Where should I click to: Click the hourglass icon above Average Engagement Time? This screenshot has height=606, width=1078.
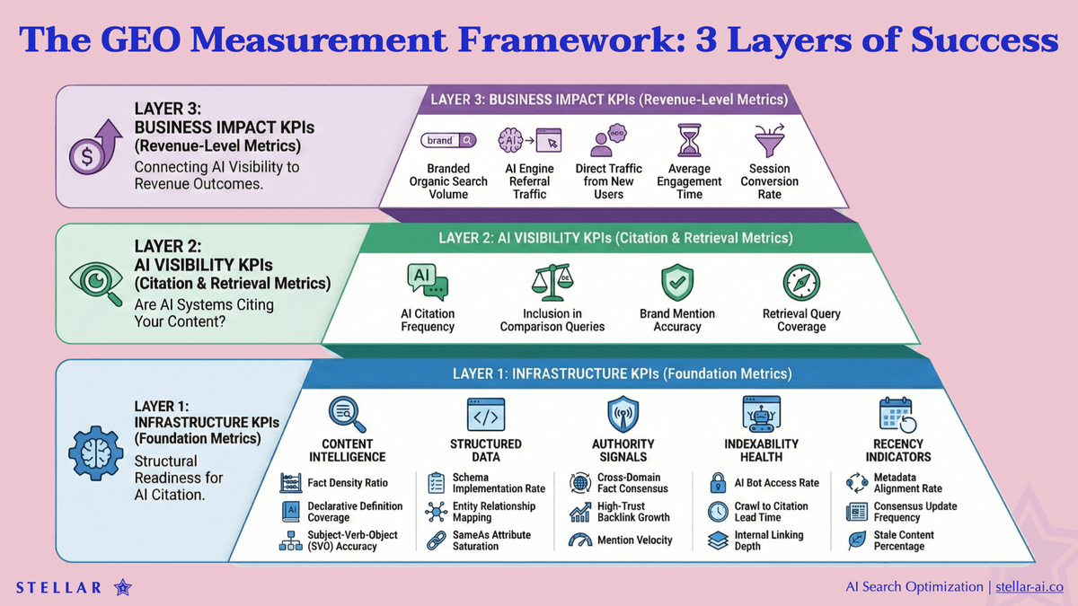pyautogui.click(x=690, y=142)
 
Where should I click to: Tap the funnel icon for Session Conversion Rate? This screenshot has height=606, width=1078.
pyautogui.click(x=769, y=142)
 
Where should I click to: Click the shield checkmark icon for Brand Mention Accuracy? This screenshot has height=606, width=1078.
pyautogui.click(x=676, y=283)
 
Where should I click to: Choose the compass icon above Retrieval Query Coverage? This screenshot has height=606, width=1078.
pyautogui.click(x=800, y=283)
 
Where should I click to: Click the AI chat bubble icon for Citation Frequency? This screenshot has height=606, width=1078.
pyautogui.click(x=428, y=282)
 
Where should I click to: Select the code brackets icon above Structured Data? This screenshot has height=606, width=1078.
pyautogui.click(x=485, y=415)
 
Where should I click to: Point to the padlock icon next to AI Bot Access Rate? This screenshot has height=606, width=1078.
pyautogui.click(x=718, y=483)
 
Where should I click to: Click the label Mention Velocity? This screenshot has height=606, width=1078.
pyautogui.click(x=634, y=540)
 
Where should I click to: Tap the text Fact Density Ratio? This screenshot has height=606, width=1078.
pyautogui.click(x=348, y=483)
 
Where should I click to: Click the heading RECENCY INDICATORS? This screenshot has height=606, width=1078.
pyautogui.click(x=897, y=450)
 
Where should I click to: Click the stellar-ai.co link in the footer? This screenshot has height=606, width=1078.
pyautogui.click(x=1029, y=586)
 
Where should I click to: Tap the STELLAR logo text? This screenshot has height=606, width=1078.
pyautogui.click(x=58, y=588)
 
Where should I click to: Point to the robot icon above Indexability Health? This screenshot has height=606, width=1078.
pyautogui.click(x=761, y=414)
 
